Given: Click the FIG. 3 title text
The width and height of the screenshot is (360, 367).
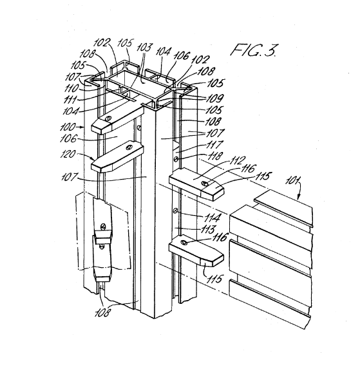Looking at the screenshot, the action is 254,50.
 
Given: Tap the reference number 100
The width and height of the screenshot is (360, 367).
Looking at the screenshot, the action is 68,127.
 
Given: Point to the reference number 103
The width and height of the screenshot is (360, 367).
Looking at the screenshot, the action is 144,48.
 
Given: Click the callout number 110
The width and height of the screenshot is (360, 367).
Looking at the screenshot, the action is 71,88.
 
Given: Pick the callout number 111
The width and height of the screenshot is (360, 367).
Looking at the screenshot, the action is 70,100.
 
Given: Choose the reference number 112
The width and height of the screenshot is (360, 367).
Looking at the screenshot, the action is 236,161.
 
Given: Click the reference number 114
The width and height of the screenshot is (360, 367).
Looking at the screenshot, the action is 213,218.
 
